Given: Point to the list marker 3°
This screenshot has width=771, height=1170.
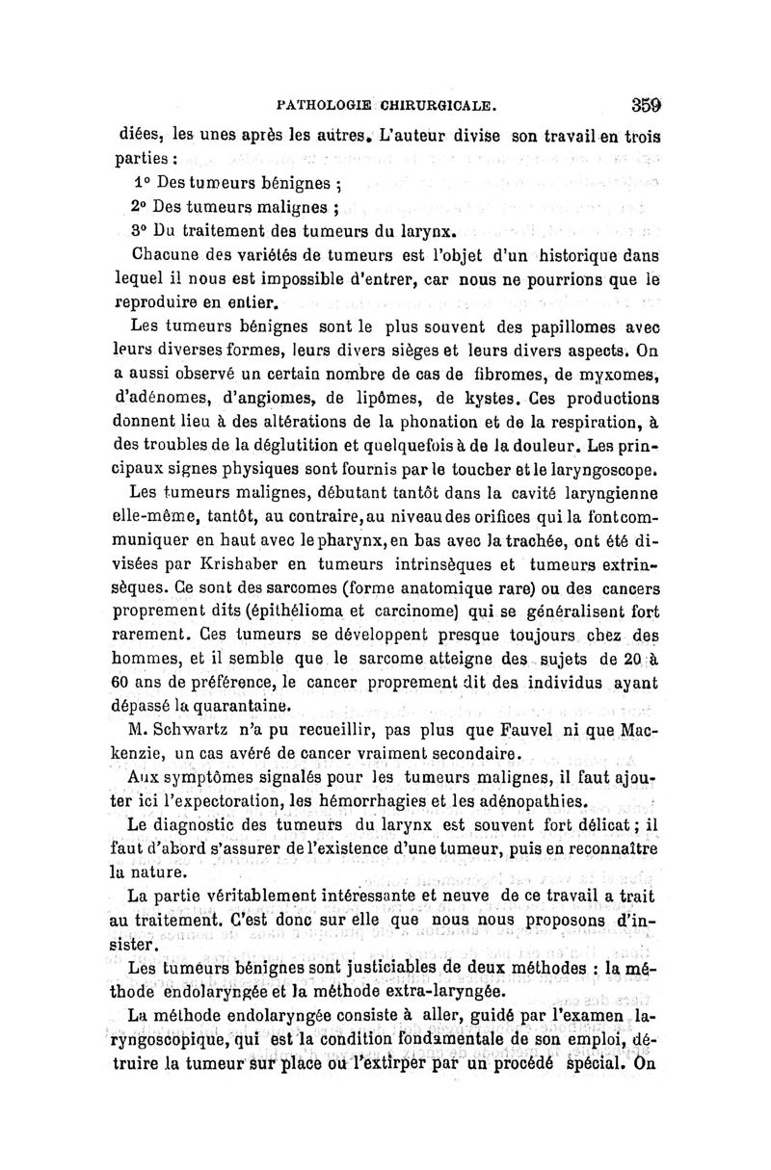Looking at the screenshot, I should [140, 230].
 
